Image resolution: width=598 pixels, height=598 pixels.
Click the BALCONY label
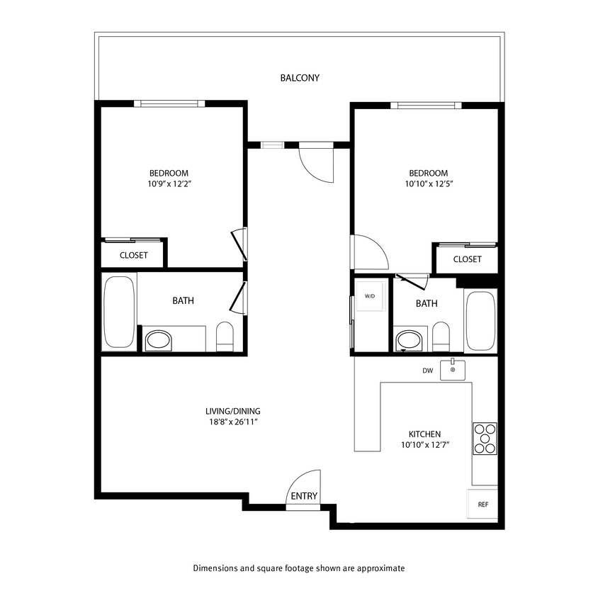coord(299,78)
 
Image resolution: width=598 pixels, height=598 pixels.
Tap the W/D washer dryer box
coord(370,296)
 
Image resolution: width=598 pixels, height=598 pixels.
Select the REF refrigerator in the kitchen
coord(483,504)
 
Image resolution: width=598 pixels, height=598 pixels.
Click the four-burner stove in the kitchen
coord(485,437)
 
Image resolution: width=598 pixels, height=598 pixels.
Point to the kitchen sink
coord(453,370)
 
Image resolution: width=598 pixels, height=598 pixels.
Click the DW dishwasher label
coord(427,370)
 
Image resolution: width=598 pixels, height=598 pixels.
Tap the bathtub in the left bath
coord(118,312)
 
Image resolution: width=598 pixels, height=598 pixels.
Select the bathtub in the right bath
coord(481,320)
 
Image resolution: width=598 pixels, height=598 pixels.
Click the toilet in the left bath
coord(225,337)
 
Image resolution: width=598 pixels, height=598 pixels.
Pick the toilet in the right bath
coord(441,337)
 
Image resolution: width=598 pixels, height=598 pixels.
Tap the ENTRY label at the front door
coord(304,497)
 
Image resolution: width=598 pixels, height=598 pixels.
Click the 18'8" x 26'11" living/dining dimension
coord(228,422)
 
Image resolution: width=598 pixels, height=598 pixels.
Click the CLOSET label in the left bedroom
coord(133,255)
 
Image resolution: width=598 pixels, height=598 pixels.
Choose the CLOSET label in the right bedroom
coord(467,259)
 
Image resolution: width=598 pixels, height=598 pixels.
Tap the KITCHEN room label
coord(425,434)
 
